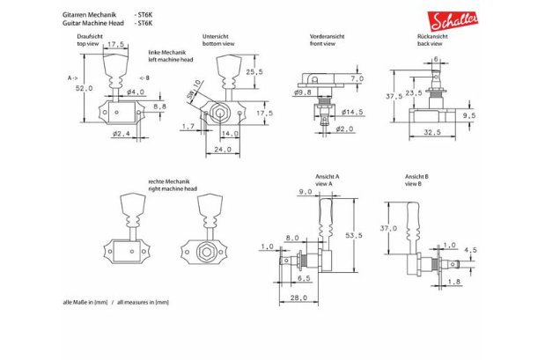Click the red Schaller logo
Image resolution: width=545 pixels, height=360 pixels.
click(x=453, y=21)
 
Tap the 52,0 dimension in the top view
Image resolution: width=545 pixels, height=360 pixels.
click(x=85, y=88)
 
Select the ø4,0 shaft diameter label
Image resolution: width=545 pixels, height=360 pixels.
click(x=136, y=92)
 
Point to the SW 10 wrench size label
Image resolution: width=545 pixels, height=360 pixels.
click(x=194, y=92)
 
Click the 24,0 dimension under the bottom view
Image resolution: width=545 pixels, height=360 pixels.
click(x=223, y=150)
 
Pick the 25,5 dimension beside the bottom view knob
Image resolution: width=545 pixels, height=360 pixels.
click(x=254, y=72)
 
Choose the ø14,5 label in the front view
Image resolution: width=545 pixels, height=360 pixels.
click(x=352, y=112)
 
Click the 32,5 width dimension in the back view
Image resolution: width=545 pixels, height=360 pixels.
click(x=432, y=132)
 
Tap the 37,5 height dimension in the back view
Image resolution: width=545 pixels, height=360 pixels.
click(x=394, y=96)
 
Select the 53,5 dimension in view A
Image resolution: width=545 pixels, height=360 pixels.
click(x=354, y=235)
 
